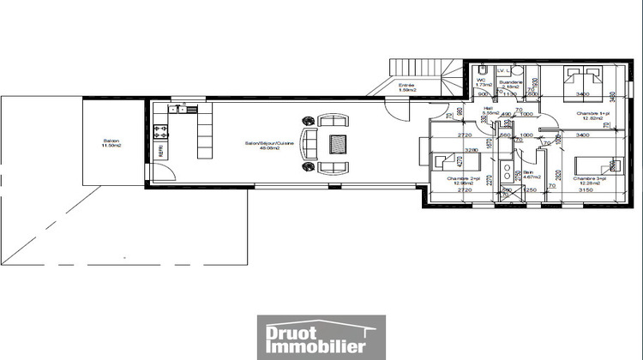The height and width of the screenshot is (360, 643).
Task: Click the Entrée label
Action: click(407, 87)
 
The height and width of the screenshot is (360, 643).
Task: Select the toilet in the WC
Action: click(484, 69)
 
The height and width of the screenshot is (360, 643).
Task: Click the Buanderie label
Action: click(512, 84)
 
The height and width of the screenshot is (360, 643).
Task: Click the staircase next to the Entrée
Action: click(429, 72)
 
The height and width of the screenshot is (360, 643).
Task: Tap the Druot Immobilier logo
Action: click(321, 335)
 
